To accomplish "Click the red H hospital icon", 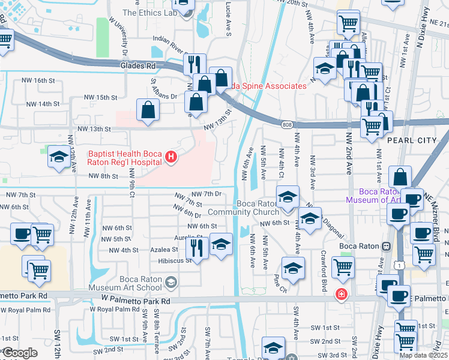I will pos(172,158).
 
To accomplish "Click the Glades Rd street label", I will pos(138,65).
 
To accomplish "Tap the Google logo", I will pos(20,352).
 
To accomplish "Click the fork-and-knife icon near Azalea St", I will pos(199,245).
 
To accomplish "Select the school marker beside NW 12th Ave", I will pos(58,157).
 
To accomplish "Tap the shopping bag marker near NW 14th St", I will pos(148,110).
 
